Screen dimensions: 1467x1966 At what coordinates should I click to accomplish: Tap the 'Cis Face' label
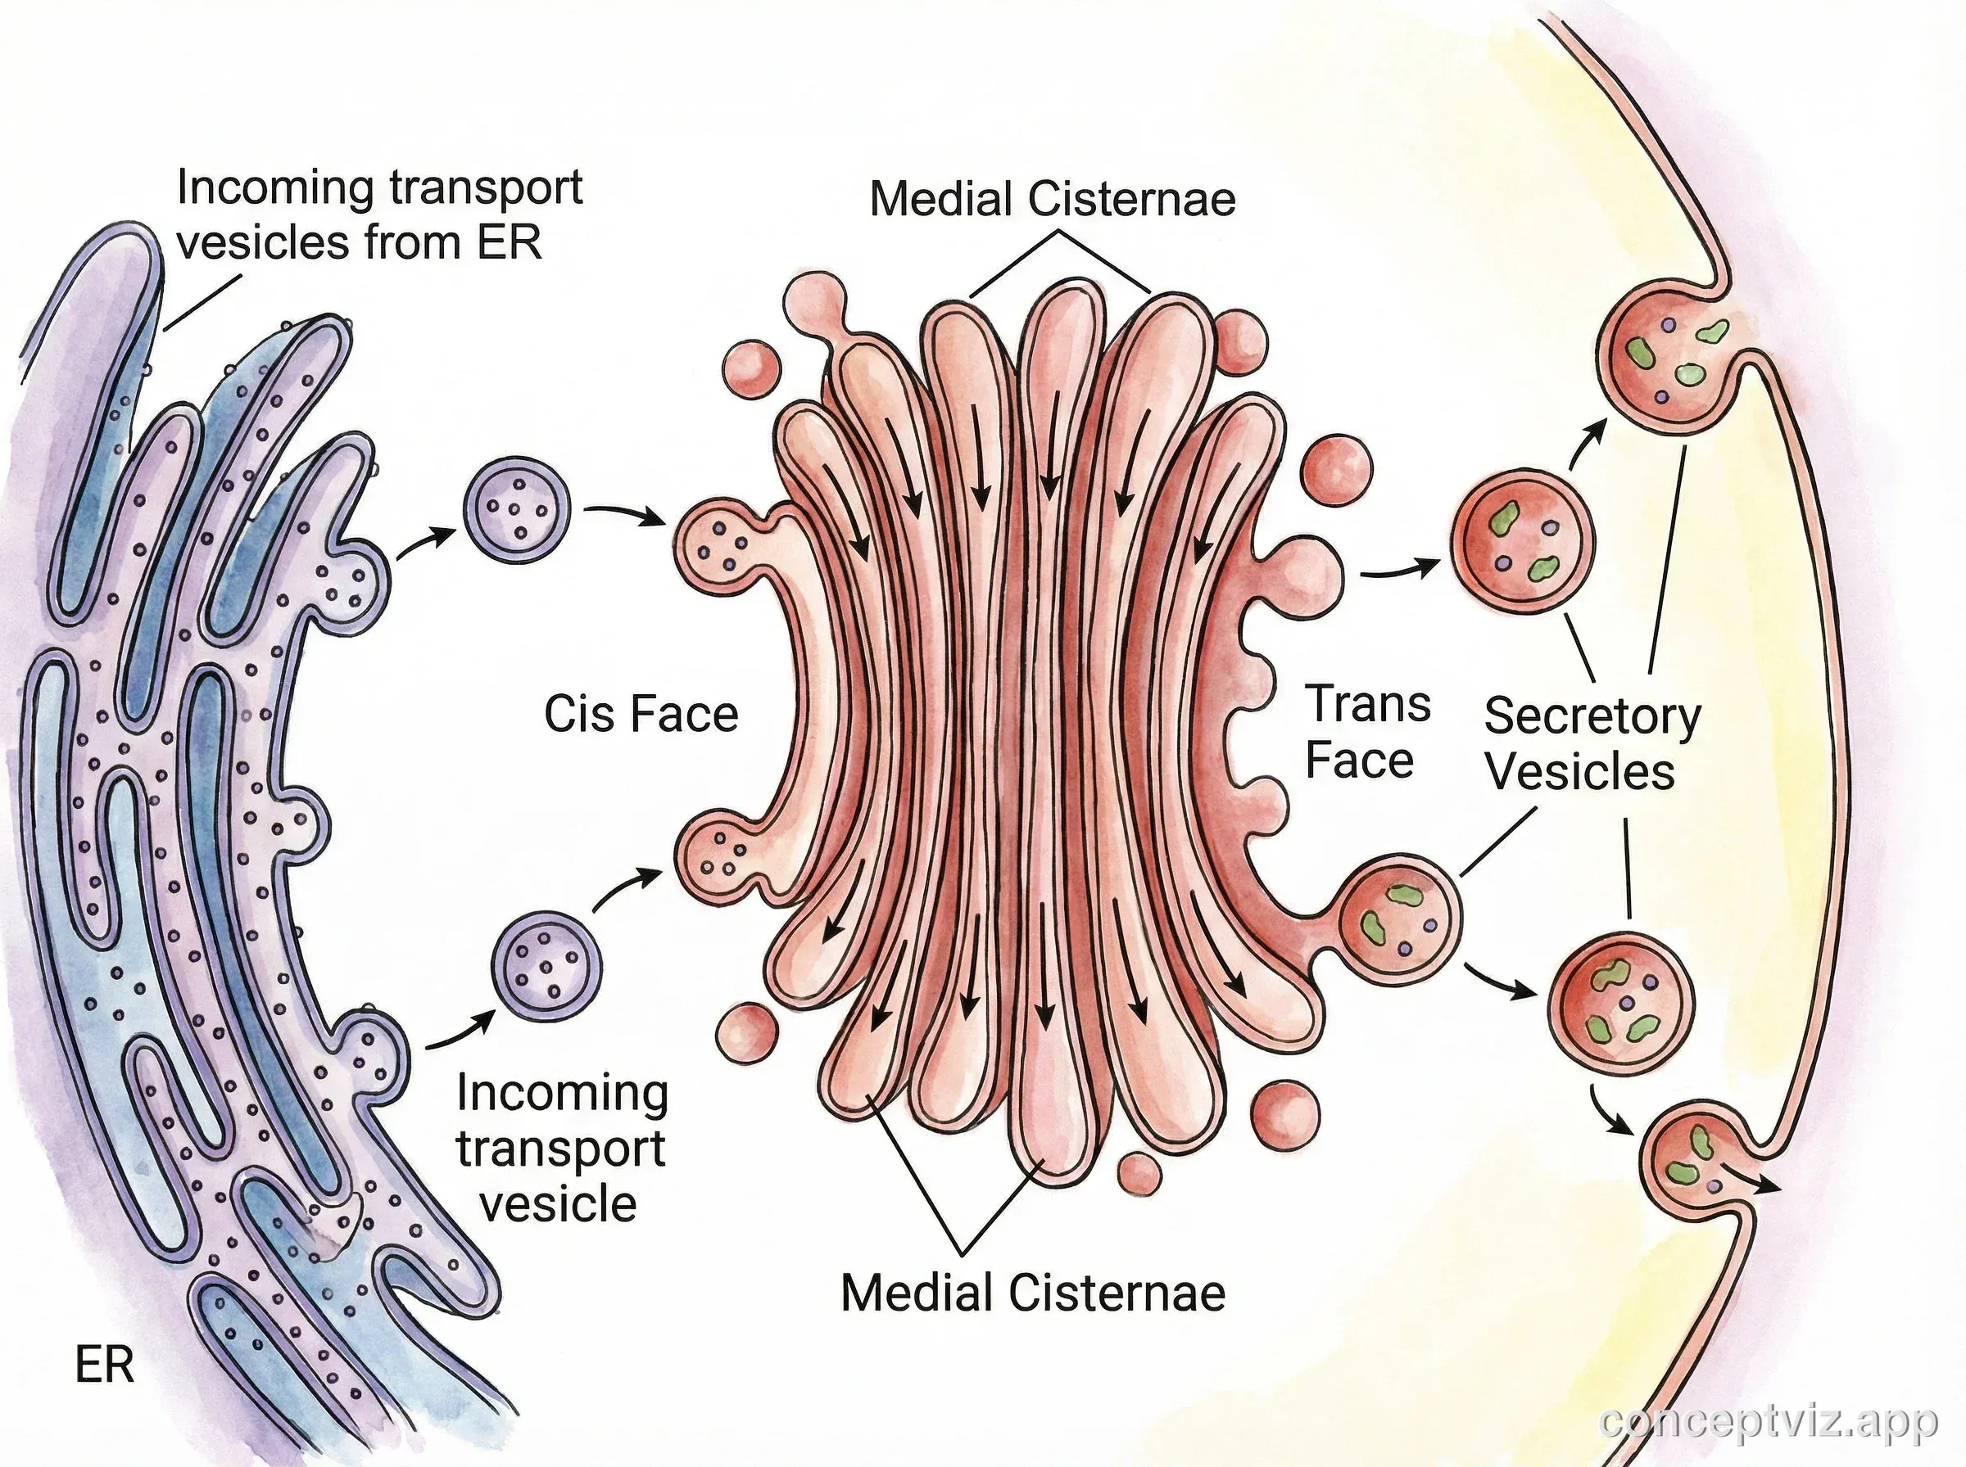(641, 714)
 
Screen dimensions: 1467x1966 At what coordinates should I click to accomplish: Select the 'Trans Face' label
(1366, 732)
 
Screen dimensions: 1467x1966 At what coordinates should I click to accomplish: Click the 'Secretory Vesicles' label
(1592, 743)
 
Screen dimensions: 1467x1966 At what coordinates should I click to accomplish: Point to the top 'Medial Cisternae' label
(1052, 199)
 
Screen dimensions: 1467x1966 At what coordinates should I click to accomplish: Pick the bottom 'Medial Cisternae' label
(1033, 1292)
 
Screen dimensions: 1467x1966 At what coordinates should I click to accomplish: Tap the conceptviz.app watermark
(1768, 1423)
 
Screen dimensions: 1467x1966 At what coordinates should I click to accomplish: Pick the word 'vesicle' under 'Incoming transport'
(559, 1204)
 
